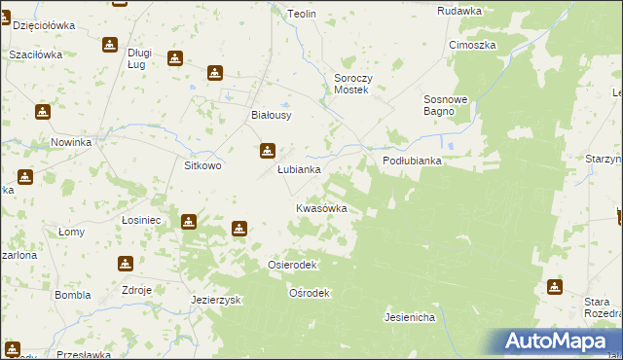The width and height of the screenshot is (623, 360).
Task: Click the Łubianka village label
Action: click(299, 169)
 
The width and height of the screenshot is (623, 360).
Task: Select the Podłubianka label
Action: click(412, 162)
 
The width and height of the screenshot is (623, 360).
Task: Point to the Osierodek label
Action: click(291, 265)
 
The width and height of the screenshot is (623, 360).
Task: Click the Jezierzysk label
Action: click(216, 301)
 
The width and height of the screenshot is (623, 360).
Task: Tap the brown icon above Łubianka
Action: click(267, 151)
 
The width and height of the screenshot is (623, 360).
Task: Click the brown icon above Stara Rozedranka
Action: click(555, 287)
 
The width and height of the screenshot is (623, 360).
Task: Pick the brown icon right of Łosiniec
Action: click(188, 221)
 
